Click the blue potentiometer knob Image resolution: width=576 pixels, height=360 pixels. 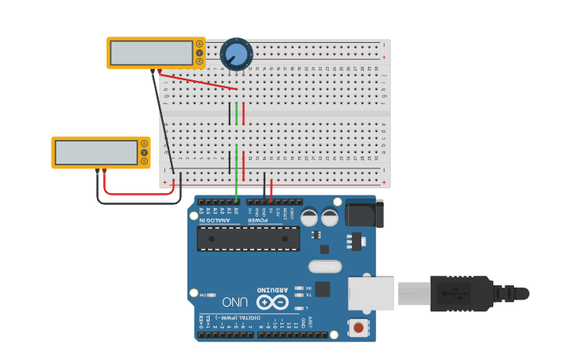[x=236, y=54]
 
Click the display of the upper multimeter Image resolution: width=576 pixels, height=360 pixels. [x=151, y=53]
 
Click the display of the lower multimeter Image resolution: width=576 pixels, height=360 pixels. [x=96, y=153]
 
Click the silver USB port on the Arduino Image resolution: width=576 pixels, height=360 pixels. [x=371, y=292]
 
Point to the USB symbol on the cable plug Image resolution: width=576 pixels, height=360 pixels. [x=459, y=293]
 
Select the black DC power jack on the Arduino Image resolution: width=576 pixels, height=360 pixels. [x=365, y=213]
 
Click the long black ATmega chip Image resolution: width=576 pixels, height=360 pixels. [x=249, y=238]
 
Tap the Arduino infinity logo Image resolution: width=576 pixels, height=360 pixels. [x=272, y=302]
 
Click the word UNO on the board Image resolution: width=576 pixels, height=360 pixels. [x=235, y=302]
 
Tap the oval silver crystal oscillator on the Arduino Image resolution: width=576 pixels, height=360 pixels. [x=325, y=267]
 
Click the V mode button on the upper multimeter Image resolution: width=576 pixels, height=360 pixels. [x=199, y=52]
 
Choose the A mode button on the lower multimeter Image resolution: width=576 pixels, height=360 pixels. [x=145, y=144]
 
